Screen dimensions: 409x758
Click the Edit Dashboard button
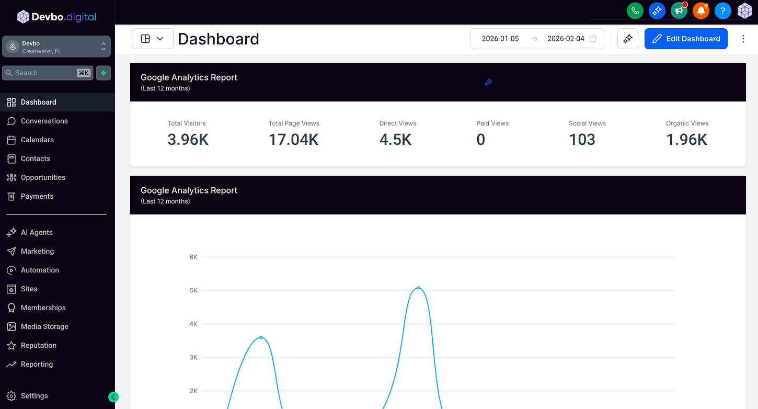686,39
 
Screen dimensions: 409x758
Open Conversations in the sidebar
44,121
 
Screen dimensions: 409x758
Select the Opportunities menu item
43,177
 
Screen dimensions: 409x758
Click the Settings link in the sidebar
34,396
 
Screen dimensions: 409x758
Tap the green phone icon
635,10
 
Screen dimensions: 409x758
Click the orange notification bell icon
700,10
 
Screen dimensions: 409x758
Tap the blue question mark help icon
722,10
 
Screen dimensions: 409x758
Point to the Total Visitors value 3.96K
188,140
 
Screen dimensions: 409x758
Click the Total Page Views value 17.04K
293,140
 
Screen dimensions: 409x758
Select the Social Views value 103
582,140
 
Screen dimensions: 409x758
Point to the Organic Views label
687,123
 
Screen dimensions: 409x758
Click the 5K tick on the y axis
193,290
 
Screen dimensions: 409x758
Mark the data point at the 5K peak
418,288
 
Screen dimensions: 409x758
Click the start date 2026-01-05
500,39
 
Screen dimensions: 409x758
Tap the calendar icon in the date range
592,39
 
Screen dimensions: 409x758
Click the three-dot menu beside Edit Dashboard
743,39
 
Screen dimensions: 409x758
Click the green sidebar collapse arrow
113,397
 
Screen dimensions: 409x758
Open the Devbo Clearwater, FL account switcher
56,47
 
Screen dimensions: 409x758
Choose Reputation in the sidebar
38,345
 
